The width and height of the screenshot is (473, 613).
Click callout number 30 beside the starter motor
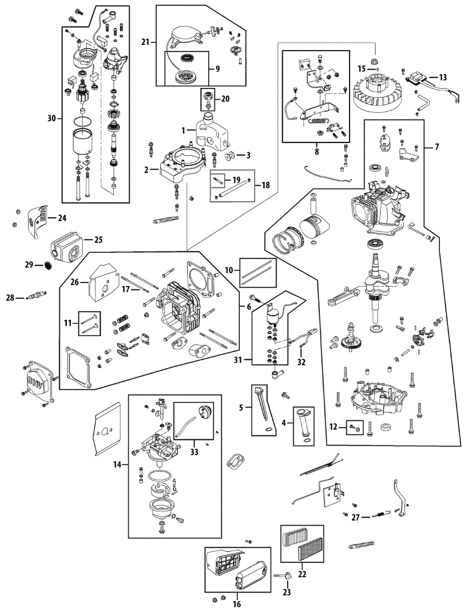(51, 119)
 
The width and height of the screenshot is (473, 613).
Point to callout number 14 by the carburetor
(117, 465)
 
